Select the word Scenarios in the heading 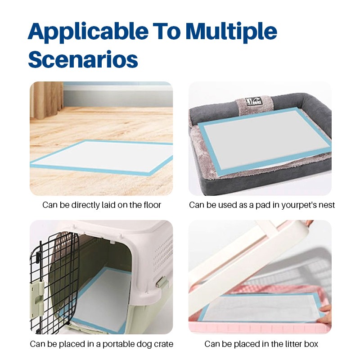point(83,59)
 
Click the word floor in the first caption point(152,205)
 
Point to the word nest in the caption point(327,205)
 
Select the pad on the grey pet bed point(264,140)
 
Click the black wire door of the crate point(54,283)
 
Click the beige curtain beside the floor point(47,100)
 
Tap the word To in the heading point(167,31)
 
